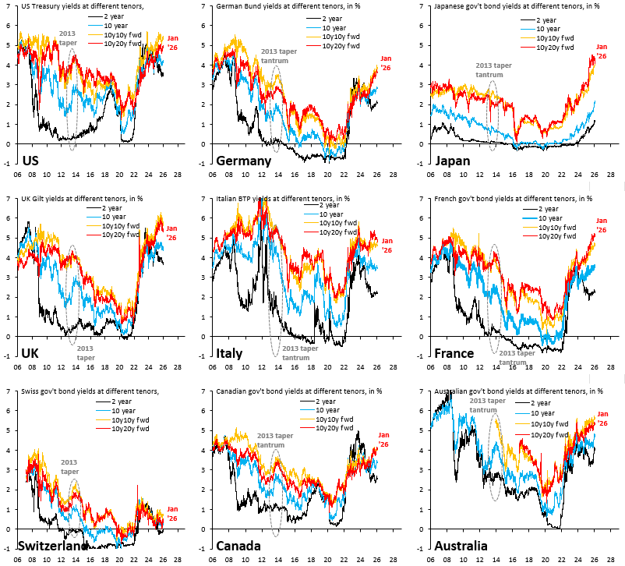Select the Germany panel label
(243, 161)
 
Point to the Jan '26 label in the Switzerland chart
(173, 513)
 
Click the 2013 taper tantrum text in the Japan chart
(494, 70)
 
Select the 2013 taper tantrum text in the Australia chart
(483, 405)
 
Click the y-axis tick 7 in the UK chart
(8, 199)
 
